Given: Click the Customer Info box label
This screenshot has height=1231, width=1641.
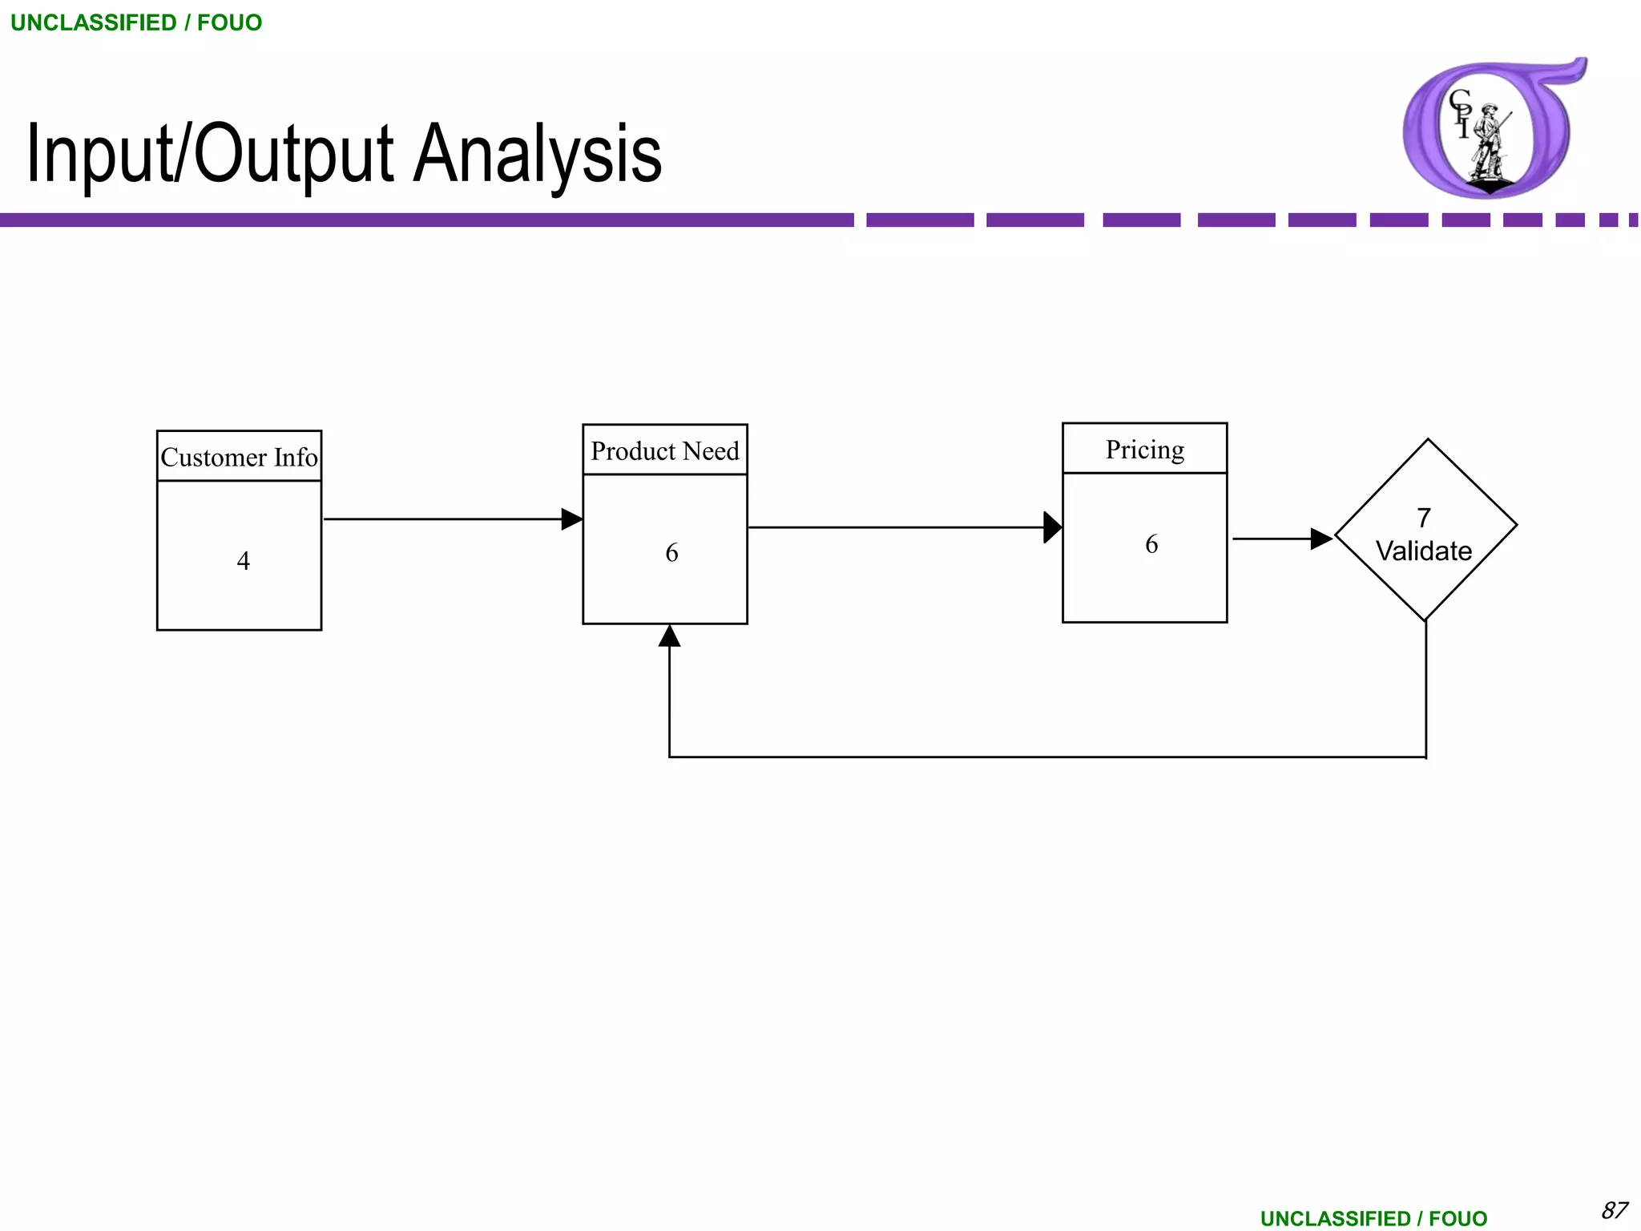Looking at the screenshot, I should (x=239, y=457).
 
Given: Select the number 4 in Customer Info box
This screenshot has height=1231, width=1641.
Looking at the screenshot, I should (x=244, y=560).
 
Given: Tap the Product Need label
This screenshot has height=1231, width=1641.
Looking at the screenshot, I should (x=665, y=451).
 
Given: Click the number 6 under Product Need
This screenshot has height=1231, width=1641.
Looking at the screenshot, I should (x=671, y=552).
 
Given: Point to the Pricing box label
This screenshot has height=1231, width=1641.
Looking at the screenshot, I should (x=1145, y=450).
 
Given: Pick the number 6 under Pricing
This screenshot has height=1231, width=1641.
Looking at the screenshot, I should (x=1151, y=544).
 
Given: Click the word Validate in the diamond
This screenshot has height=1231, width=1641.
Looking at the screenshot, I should (x=1424, y=551).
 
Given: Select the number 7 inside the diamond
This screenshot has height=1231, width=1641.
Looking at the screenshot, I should (x=1424, y=518).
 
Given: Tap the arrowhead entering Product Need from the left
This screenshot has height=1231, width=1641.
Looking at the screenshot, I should (x=572, y=519).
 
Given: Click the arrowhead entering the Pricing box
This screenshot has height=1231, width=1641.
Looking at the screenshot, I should (x=1053, y=527).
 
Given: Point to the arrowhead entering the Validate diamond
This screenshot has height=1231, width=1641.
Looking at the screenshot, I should (x=1321, y=539).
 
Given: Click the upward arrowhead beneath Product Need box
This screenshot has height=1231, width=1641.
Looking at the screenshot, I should (x=670, y=636).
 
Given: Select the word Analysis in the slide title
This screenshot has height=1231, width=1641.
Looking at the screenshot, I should (x=537, y=154).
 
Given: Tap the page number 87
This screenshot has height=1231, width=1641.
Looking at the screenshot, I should (x=1614, y=1210).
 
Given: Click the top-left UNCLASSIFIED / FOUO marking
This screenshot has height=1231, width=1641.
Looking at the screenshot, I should (x=136, y=22).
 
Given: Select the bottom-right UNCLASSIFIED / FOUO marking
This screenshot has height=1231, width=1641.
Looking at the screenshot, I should (x=1373, y=1219).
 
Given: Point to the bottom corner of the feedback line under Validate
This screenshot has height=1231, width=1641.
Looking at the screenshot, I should (x=1426, y=757).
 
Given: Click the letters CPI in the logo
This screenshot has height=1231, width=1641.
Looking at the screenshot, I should (x=1461, y=112).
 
